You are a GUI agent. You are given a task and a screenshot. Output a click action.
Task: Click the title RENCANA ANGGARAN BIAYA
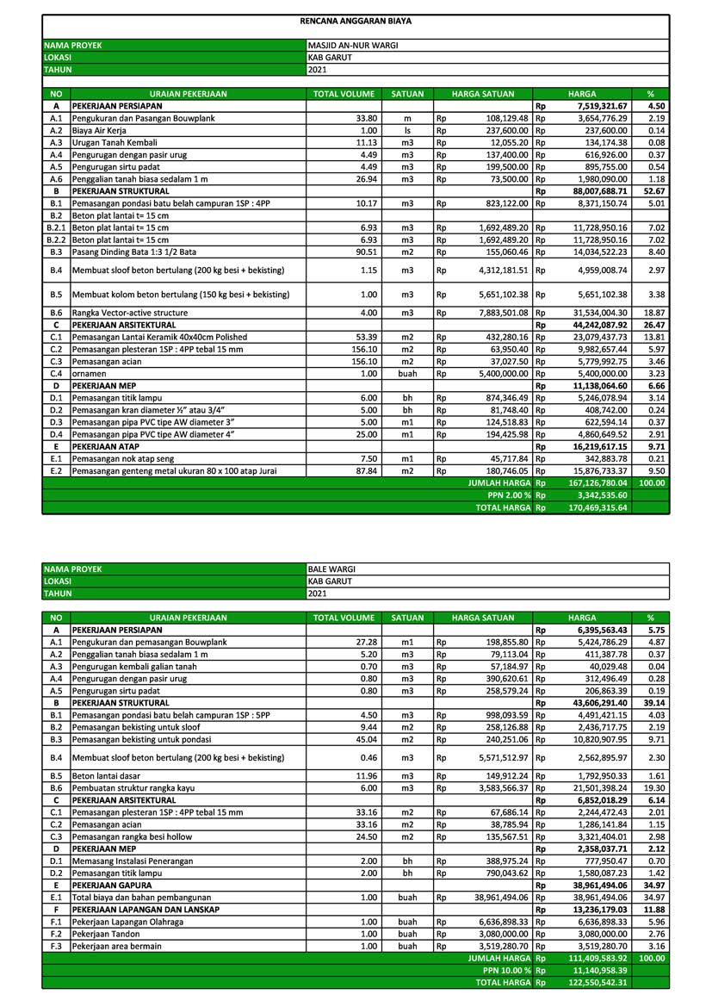click(355, 21)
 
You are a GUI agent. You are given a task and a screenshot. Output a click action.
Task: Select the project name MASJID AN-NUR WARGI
click(353, 46)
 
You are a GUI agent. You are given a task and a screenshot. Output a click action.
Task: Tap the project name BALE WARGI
click(331, 569)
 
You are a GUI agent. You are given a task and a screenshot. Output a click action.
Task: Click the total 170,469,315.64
click(597, 508)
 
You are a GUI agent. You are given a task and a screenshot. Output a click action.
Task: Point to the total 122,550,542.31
click(597, 982)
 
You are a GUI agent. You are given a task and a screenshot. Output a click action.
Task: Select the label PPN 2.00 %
click(509, 496)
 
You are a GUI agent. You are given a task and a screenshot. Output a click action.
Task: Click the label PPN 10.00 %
click(506, 970)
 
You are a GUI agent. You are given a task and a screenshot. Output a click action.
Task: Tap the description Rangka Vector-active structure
click(129, 313)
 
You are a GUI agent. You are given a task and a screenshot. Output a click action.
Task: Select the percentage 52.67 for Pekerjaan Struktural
click(655, 191)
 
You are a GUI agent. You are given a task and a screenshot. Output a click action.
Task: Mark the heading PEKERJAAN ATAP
click(102, 448)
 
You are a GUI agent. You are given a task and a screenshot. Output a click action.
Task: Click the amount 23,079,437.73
click(597, 338)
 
